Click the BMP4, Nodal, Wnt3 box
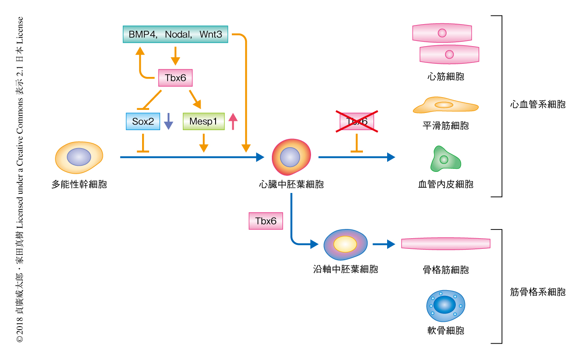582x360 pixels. pos(175,34)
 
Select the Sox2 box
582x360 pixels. pos(143,121)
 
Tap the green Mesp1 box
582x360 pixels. pos(203,121)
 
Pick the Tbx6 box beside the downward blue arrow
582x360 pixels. pos(266,221)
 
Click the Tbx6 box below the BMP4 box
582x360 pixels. pos(175,79)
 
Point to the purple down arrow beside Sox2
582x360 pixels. pos(168,121)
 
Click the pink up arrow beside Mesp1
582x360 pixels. pos(233,121)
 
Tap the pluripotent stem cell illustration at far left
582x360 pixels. pos(79,157)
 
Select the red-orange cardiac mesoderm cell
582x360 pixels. pos(291,157)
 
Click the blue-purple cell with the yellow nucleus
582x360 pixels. pos(346,244)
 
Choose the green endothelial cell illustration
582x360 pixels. pos(445,159)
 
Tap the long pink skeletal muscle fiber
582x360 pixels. pos(446,244)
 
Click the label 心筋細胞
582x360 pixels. pos(446,77)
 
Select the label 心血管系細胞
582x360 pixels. pos(538,105)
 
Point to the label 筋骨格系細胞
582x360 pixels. pos(538,292)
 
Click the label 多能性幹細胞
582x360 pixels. pos(79,184)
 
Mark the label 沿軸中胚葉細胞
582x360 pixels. pos(345,269)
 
